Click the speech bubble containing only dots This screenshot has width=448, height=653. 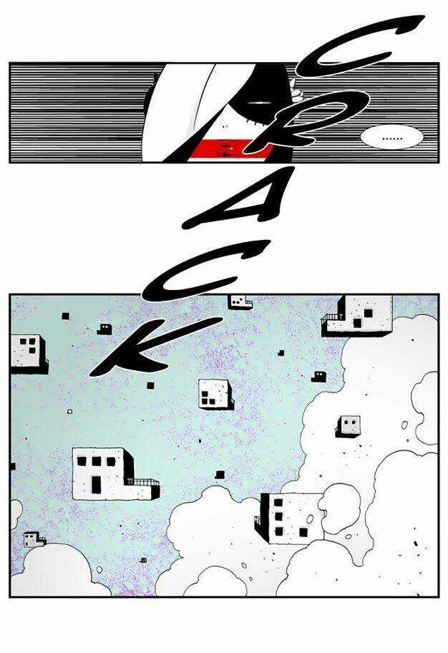391,137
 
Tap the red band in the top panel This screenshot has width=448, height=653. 230,150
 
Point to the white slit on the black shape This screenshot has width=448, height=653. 258,102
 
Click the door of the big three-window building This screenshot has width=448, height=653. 96,484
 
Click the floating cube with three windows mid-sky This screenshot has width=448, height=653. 215,394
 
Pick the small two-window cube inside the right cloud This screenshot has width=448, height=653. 348,425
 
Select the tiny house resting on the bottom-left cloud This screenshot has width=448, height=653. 34,539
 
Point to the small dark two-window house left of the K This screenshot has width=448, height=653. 104,329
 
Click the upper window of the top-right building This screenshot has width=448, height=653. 368,313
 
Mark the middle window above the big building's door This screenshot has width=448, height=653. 97,461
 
